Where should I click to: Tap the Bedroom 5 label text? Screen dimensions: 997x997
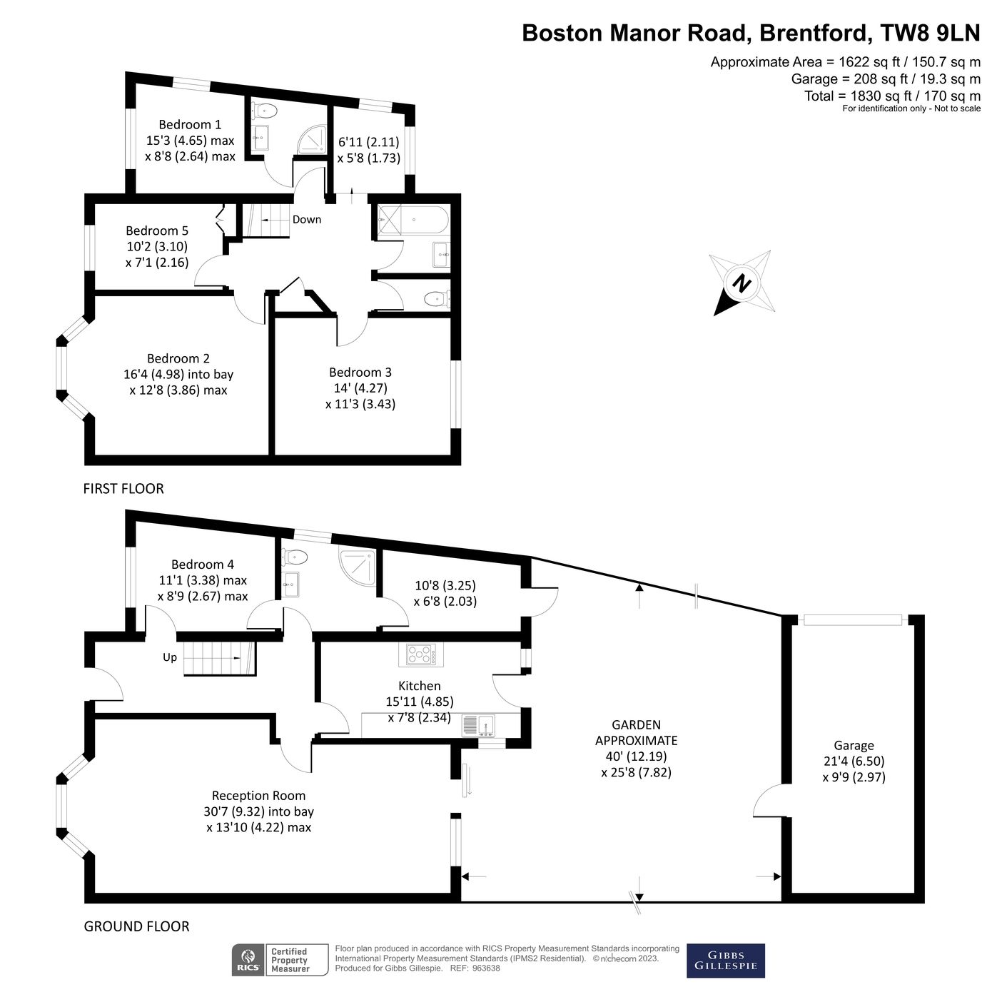tap(157, 231)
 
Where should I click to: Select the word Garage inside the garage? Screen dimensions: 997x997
tap(854, 745)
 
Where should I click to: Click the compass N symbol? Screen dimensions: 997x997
tap(743, 283)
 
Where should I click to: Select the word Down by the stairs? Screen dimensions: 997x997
tap(307, 219)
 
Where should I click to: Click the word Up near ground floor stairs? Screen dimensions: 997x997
tap(170, 657)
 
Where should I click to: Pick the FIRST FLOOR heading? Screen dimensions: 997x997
tap(123, 489)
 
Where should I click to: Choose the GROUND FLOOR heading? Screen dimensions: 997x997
tap(137, 926)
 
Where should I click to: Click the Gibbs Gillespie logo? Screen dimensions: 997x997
tap(725, 961)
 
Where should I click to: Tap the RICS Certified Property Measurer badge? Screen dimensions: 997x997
tap(280, 961)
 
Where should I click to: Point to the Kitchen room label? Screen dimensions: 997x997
tap(420, 686)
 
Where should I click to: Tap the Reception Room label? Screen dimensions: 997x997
tap(258, 796)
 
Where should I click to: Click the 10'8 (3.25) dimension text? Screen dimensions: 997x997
tap(445, 585)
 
